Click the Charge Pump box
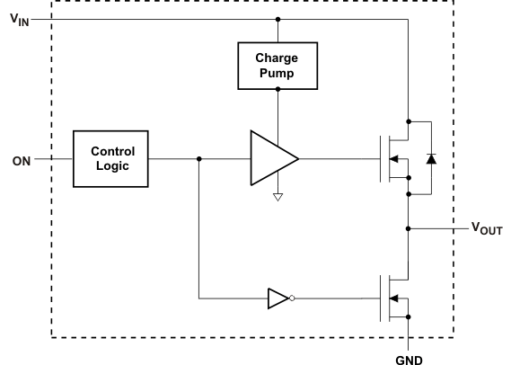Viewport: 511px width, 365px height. coord(277,66)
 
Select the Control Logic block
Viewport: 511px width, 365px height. coord(112,158)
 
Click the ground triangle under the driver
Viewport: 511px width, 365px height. coord(277,197)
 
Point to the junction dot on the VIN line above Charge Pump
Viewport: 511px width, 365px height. coord(277,18)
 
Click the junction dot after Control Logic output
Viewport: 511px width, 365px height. coord(198,159)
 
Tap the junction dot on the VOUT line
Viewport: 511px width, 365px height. coord(409,229)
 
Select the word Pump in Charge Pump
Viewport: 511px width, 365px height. coord(277,73)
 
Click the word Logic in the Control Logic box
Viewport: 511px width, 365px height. coord(112,166)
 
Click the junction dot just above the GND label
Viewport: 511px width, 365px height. coord(409,316)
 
